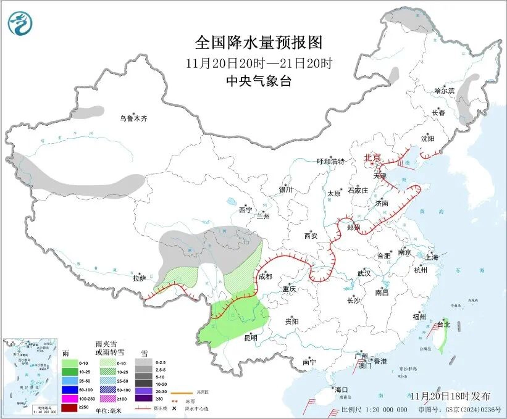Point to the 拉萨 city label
(140, 278)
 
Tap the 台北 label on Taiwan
(444, 324)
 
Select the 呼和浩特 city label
(330, 162)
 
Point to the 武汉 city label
(364, 273)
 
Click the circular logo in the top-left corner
(20, 23)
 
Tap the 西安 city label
(311, 236)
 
